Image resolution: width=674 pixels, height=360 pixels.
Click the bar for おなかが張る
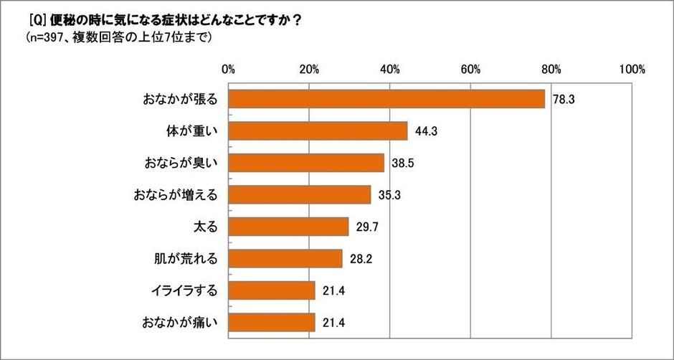click(x=387, y=99)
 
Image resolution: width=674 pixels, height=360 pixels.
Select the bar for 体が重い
click(x=318, y=131)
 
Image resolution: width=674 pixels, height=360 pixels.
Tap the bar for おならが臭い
click(x=307, y=163)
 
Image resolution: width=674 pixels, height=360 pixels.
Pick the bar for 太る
click(x=289, y=227)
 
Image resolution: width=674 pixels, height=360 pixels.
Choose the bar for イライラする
click(x=272, y=290)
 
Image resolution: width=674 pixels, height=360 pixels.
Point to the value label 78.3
click(x=564, y=100)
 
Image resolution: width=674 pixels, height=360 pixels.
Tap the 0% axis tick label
click(x=229, y=70)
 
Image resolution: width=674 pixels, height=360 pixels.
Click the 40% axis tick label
click(x=390, y=70)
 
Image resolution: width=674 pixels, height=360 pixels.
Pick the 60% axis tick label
click(x=470, y=70)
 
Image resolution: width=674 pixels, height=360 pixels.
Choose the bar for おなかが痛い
click(x=272, y=323)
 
